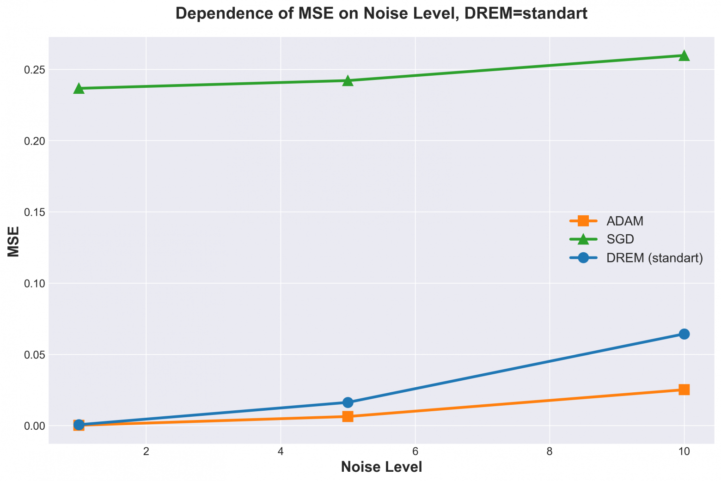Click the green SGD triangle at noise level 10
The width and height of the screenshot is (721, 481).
point(684,55)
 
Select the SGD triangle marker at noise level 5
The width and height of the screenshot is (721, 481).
point(348,81)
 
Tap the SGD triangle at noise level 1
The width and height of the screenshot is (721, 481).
point(79,88)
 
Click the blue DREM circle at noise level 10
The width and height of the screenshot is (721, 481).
point(684,334)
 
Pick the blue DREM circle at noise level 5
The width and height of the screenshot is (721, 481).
point(348,402)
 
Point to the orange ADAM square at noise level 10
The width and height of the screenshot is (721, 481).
point(684,390)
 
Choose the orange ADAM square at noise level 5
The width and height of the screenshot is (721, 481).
point(348,416)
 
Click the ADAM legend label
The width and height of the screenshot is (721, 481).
point(625,221)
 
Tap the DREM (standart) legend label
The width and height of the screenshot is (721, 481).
point(655,258)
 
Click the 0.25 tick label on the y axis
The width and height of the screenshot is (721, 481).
point(34,69)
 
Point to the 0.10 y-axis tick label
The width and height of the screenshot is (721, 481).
point(34,283)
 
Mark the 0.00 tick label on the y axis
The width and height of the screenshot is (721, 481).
point(34,426)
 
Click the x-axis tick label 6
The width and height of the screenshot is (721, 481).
point(415,452)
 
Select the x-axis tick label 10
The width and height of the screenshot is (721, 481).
point(684,452)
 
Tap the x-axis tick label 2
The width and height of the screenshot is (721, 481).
point(146,452)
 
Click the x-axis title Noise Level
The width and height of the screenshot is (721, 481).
point(381,467)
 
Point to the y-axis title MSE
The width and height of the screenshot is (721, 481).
point(13,241)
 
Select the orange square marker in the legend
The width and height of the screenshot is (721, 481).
point(583,221)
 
